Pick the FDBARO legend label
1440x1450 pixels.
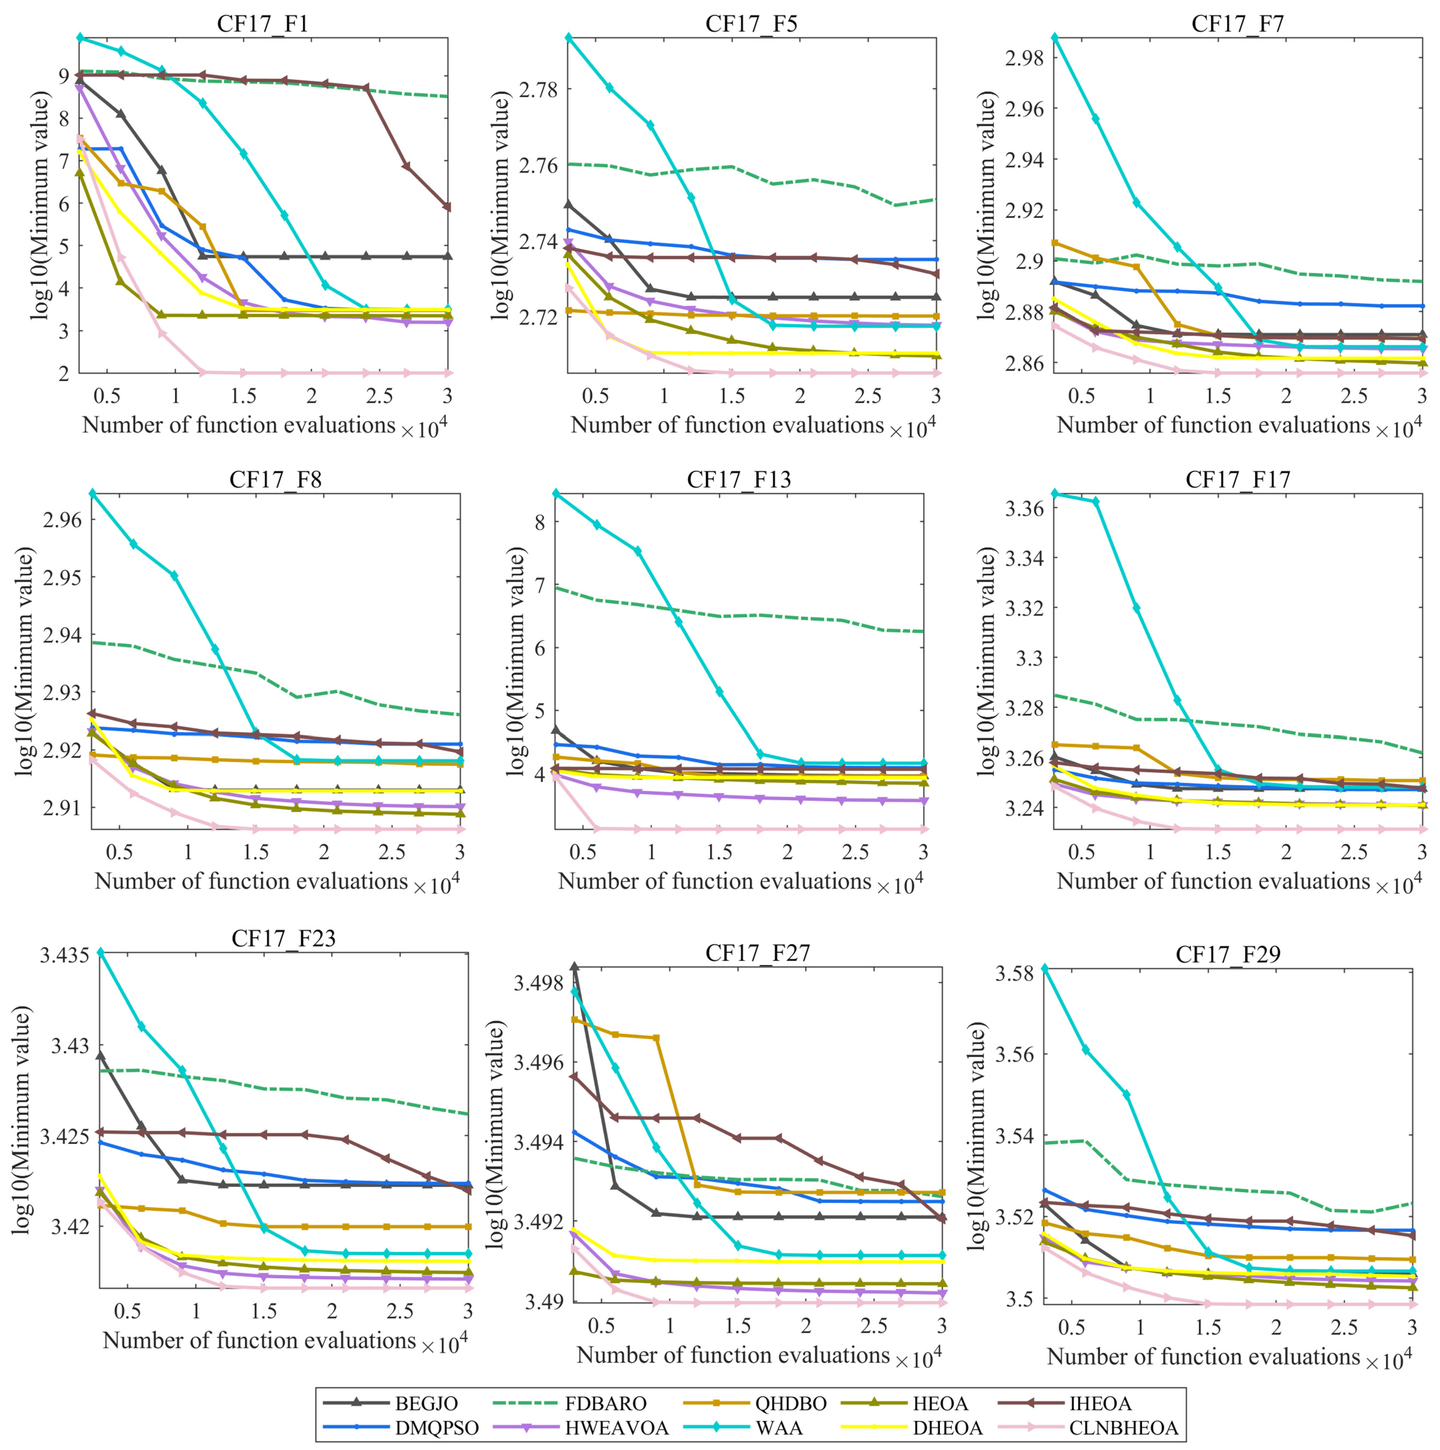point(606,1403)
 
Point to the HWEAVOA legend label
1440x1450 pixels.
point(617,1428)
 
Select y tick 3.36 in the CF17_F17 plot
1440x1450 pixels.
point(1024,509)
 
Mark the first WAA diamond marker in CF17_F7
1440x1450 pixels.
point(1055,37)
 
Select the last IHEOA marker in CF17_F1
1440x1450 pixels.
point(447,207)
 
